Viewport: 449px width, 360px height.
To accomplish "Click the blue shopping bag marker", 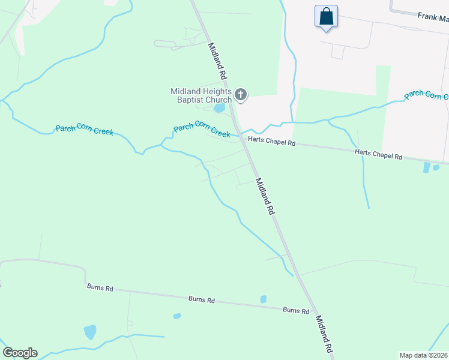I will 326,16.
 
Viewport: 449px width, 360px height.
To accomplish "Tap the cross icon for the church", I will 241,94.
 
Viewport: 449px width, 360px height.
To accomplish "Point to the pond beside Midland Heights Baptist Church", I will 219,109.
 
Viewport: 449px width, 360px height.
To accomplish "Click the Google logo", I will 20,353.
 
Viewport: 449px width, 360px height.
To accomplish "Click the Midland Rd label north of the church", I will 217,62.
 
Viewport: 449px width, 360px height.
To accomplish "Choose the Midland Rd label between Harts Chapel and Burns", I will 264,197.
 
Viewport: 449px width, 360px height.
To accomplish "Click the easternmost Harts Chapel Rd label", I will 378,155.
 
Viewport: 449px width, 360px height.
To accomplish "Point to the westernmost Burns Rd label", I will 100,288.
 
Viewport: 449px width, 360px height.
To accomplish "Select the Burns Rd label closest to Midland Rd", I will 296,310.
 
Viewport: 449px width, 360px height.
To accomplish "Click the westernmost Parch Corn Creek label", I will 84,130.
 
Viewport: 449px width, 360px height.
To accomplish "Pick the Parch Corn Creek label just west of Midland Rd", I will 202,130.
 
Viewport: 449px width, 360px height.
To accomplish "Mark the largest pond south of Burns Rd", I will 90,332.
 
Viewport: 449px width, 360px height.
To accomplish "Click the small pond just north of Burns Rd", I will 264,299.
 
